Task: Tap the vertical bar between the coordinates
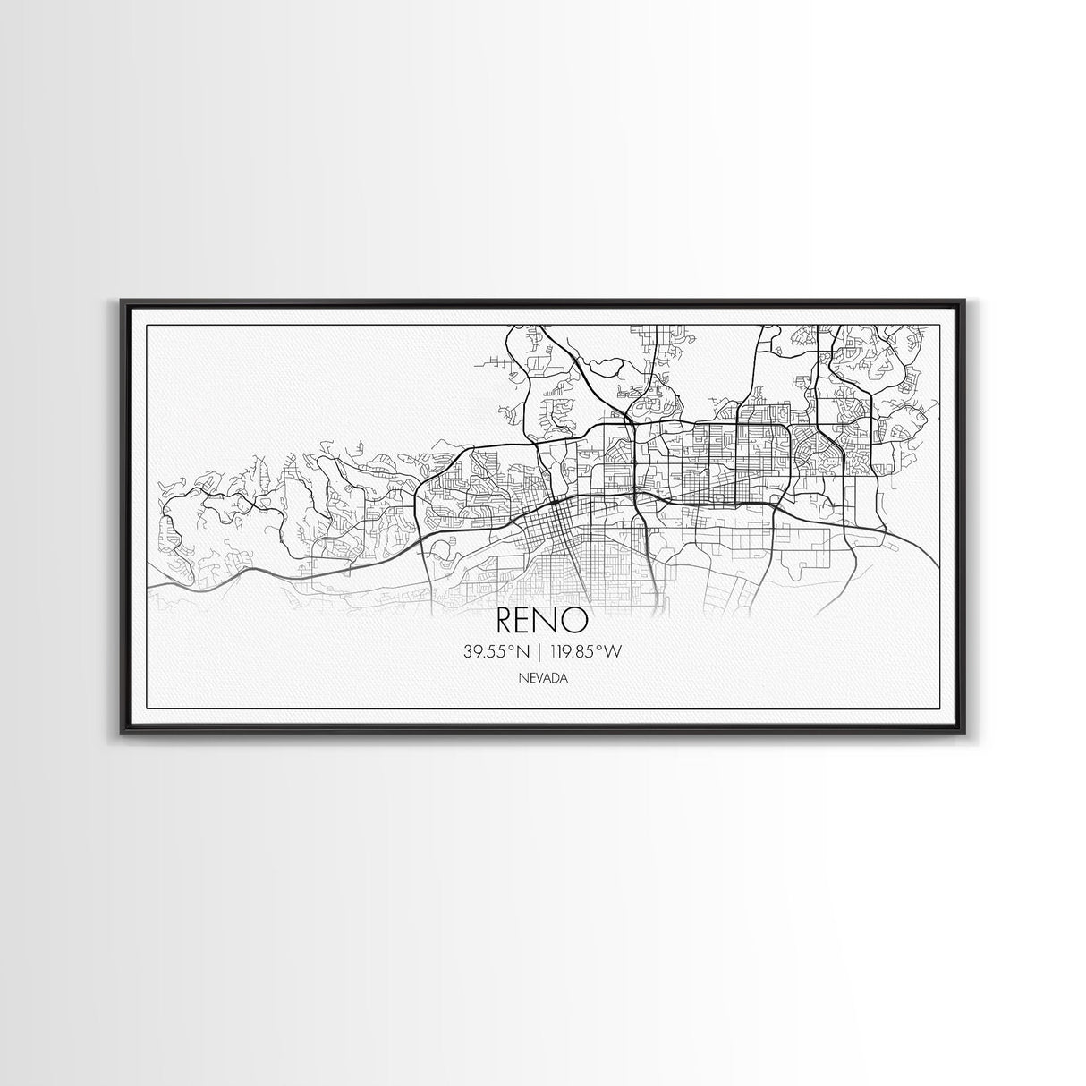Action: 543,652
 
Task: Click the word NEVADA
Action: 542,678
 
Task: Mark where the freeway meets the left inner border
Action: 146,586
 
